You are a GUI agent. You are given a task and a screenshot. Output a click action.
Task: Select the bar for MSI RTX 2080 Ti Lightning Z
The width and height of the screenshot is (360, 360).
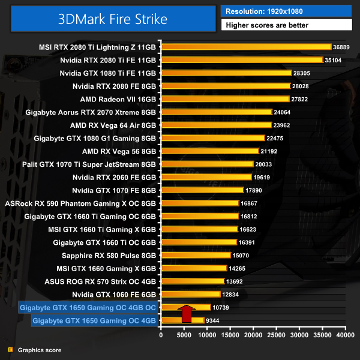pos(246,47)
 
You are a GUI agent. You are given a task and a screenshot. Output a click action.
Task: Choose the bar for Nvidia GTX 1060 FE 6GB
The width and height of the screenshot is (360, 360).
pos(191,295)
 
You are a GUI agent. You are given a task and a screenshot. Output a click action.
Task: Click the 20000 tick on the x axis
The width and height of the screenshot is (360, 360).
pos(253,335)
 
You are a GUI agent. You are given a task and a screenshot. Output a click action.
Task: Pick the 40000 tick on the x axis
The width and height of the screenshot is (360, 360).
pos(345,335)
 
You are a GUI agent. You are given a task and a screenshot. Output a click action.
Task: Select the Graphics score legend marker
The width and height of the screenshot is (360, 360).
pos(10,350)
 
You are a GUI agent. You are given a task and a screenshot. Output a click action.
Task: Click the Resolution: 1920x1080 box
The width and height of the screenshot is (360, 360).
pos(286,11)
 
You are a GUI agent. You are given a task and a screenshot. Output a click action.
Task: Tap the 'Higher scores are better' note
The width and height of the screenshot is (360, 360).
pos(286,25)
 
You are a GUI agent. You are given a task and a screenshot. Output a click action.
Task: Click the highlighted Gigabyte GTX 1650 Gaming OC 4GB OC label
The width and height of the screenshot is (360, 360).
pos(88,308)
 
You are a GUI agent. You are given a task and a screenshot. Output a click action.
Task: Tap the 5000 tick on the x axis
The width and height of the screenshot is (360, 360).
pos(184,335)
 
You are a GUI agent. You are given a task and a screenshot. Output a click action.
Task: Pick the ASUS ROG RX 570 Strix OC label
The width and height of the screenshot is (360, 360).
pos(100,281)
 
